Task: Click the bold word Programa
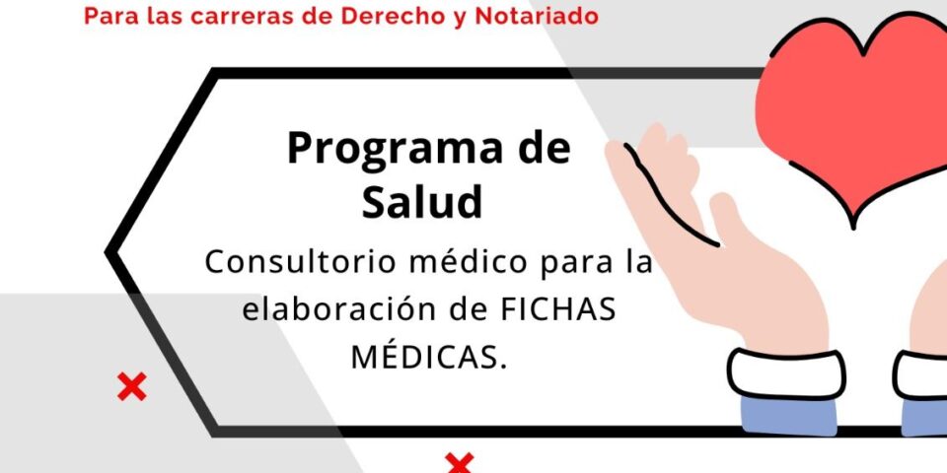click(x=375, y=149)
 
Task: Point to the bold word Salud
click(x=422, y=202)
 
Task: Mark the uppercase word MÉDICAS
click(x=429, y=357)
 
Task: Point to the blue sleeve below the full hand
click(x=789, y=419)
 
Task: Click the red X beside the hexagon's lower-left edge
click(x=131, y=387)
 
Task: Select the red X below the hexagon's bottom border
click(x=460, y=462)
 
